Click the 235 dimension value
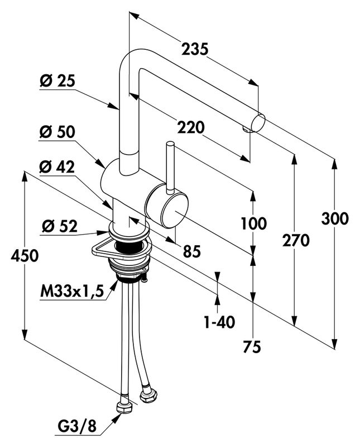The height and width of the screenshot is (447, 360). pos(195,49)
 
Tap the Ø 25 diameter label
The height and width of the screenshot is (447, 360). pos(57,81)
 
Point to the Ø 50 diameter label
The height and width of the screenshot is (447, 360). pos(57,133)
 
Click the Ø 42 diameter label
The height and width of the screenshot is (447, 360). pos(57,167)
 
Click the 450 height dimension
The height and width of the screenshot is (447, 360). pos(24,256)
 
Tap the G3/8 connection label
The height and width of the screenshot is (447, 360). pos(77,427)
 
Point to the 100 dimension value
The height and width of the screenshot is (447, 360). pos(254,223)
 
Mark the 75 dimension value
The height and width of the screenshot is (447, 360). pos(252,347)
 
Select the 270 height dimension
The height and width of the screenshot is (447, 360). pos(295,241)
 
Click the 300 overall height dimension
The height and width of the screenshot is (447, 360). pos(335,218)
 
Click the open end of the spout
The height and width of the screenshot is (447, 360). pos(260,121)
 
